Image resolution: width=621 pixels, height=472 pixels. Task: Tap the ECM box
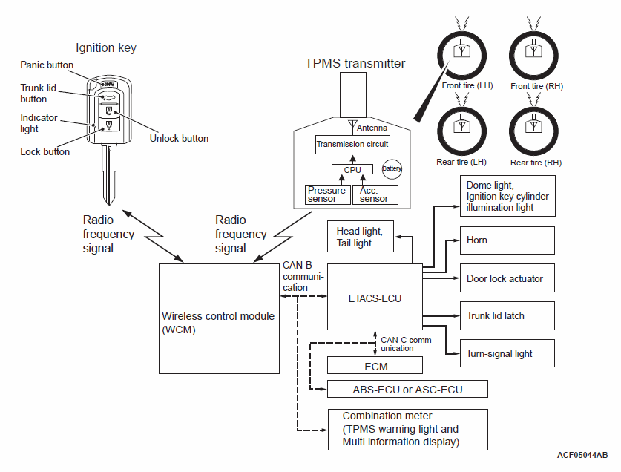375,365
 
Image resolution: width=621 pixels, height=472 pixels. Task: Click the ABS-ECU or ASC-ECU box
408,389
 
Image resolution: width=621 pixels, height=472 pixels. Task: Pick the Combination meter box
408,429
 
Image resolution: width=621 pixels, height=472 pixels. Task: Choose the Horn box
507,241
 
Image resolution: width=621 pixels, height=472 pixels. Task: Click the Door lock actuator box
507,279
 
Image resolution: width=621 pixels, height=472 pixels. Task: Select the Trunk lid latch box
507,316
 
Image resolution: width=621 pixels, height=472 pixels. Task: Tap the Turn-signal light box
507,353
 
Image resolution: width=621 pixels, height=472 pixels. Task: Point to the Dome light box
507,196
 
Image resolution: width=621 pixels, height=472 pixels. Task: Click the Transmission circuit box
352,144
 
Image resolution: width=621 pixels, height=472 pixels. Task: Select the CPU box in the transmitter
352,169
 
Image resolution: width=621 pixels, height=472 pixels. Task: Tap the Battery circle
392,168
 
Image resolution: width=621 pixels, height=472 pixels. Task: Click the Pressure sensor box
327,194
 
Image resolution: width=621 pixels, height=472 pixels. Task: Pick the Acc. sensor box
375,194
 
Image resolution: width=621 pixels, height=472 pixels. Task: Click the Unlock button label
179,138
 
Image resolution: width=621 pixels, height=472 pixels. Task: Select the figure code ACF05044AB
582,454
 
